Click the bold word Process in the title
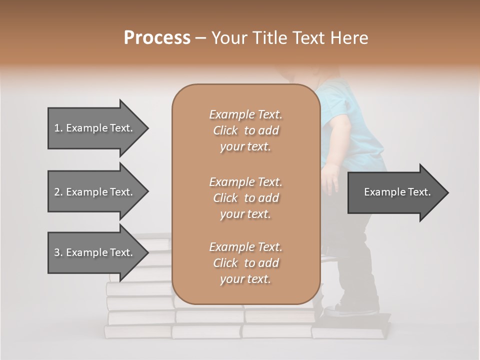click(x=157, y=38)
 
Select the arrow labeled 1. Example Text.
click(x=95, y=128)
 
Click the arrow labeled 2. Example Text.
click(x=95, y=192)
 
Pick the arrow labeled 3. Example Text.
click(x=95, y=252)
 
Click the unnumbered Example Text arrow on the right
click(x=395, y=192)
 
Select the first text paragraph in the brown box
click(x=245, y=130)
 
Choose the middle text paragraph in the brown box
click(x=245, y=197)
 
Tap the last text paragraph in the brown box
click(x=245, y=263)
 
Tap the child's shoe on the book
click(x=350, y=310)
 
